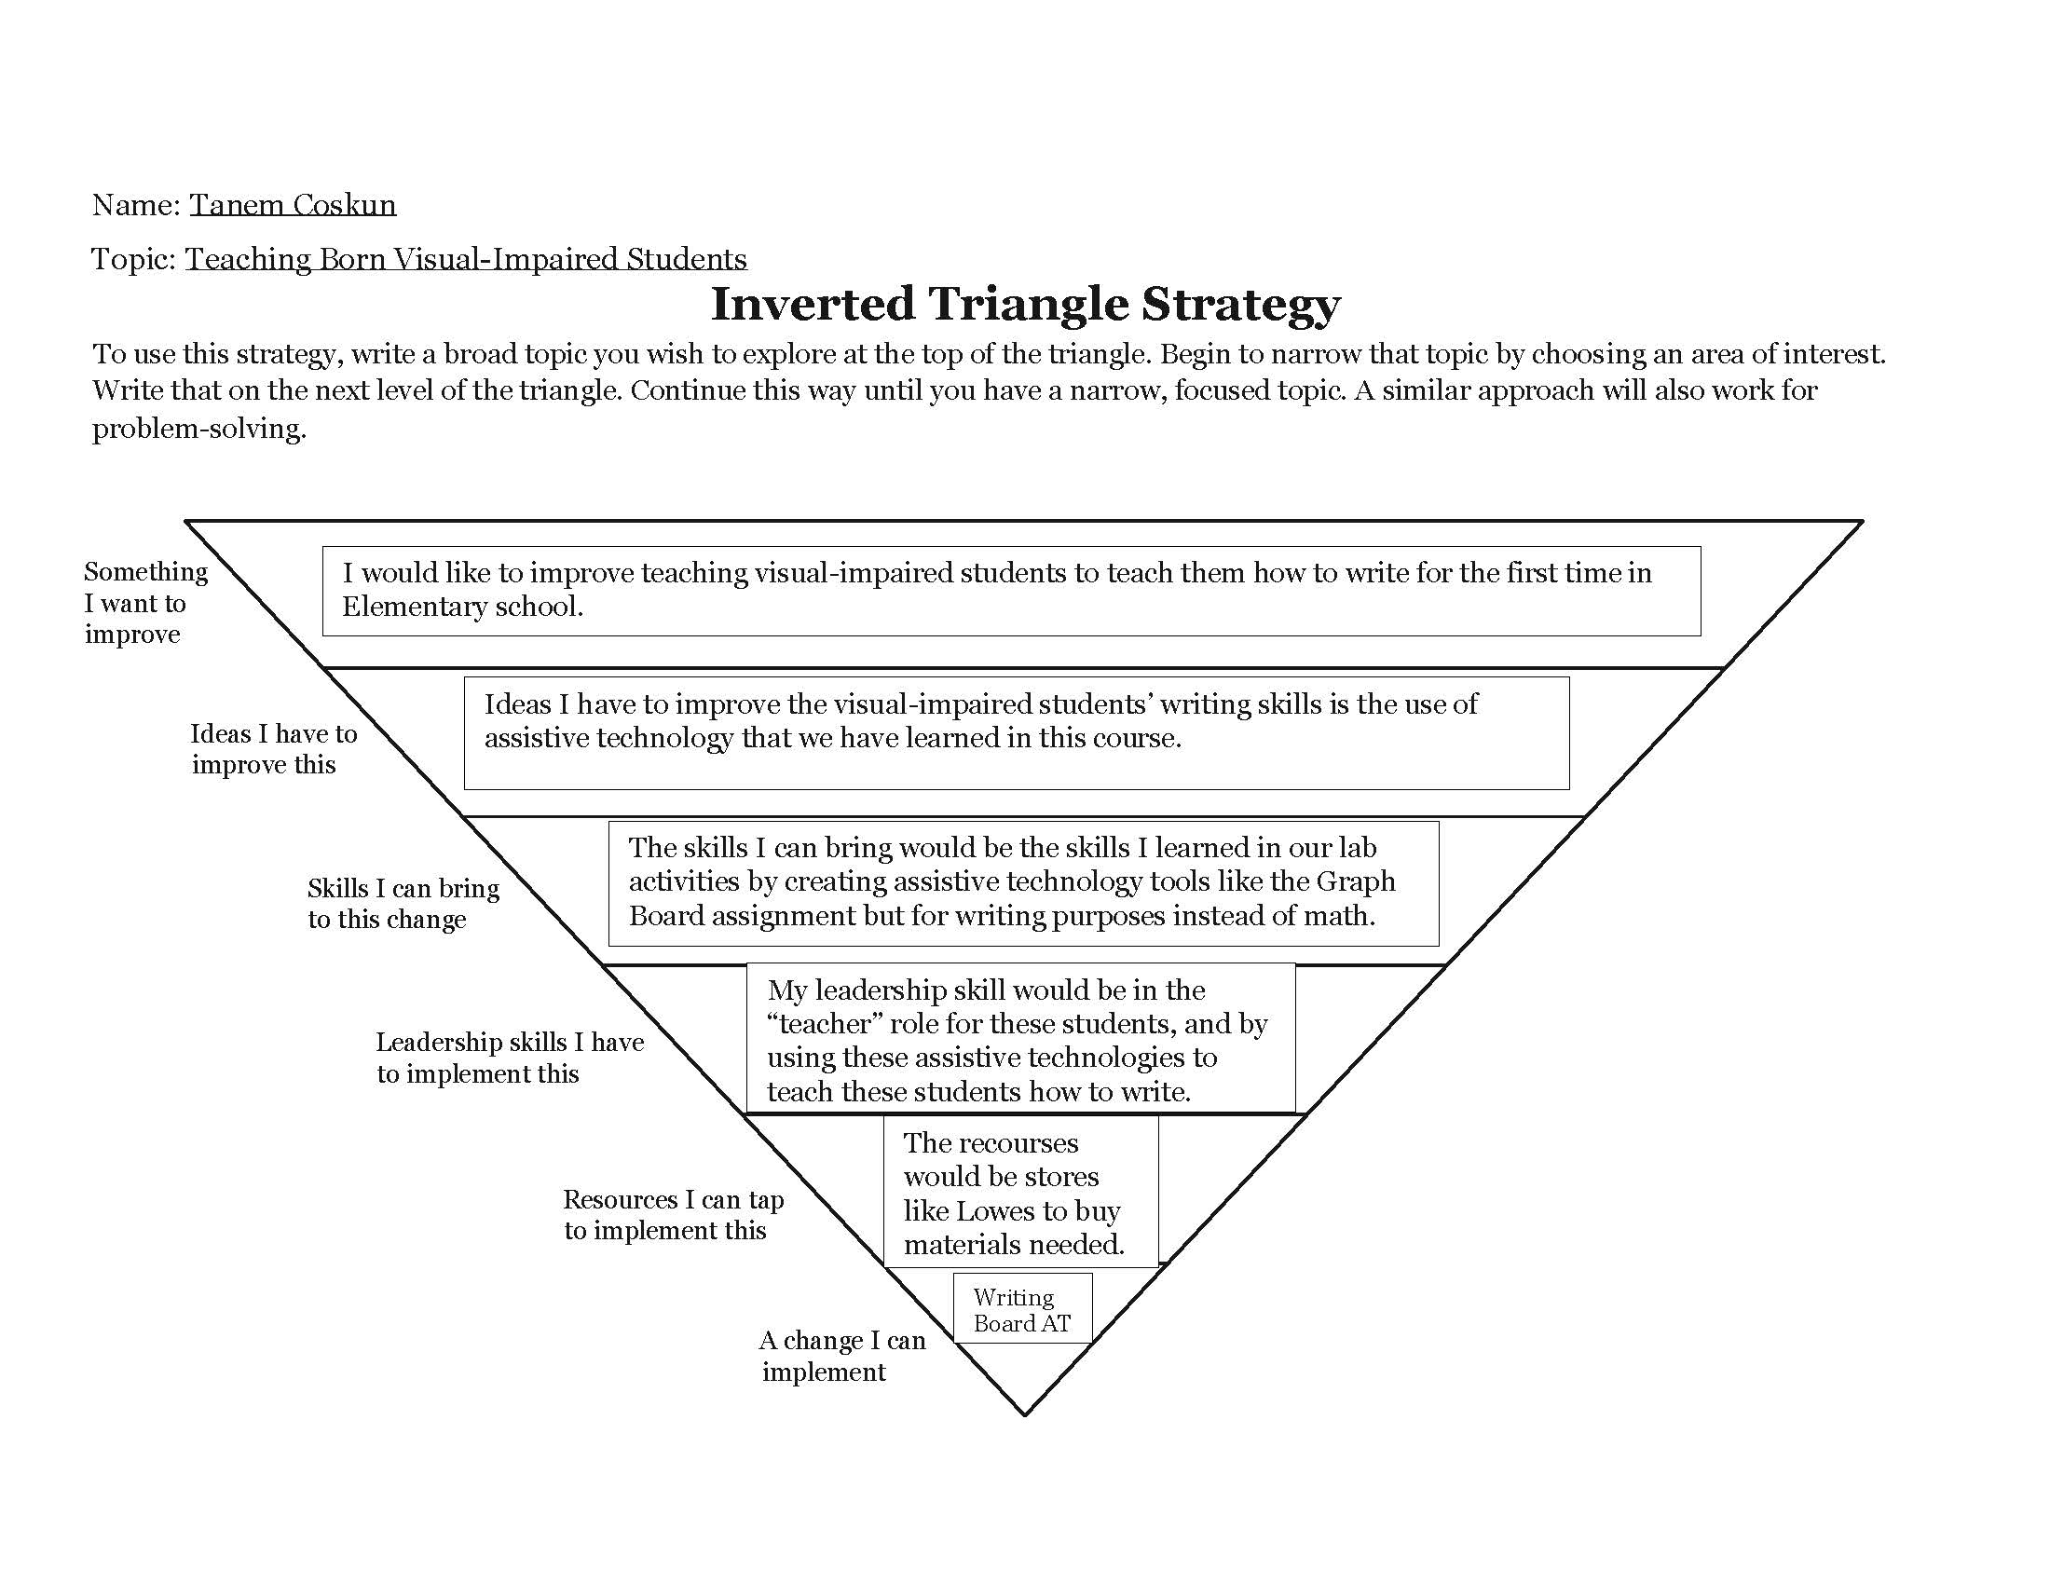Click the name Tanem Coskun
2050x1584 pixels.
click(x=293, y=205)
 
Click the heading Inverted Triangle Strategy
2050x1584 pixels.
click(x=1025, y=304)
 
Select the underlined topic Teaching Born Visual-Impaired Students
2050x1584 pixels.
click(x=466, y=259)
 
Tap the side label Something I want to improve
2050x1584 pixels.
click(x=144, y=603)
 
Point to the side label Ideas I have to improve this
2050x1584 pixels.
click(x=273, y=749)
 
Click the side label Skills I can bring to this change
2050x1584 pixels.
click(x=403, y=903)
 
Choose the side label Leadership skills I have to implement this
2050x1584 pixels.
click(x=510, y=1058)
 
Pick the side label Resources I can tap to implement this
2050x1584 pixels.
click(x=673, y=1214)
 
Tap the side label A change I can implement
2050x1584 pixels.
click(x=841, y=1355)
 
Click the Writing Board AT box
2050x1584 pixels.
click(x=1022, y=1310)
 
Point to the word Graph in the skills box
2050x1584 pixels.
click(x=1359, y=882)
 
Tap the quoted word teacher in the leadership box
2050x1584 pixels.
click(x=824, y=1024)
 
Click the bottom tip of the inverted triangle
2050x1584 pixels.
click(x=1024, y=1414)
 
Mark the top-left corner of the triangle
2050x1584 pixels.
click(x=186, y=521)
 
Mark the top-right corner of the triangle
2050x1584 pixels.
click(x=1862, y=521)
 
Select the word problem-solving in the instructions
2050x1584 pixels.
click(x=198, y=429)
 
